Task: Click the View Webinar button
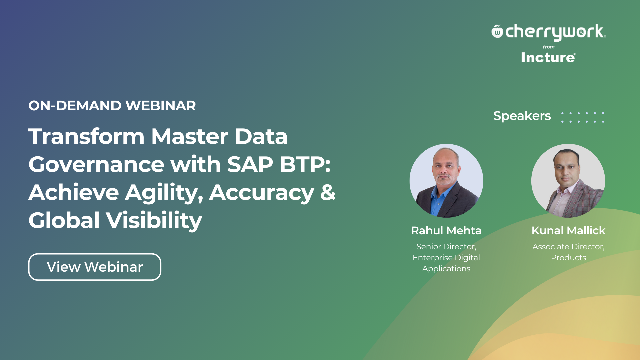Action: point(95,267)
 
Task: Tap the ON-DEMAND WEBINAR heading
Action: point(112,106)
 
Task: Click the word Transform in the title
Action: point(86,136)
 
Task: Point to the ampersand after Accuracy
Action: point(328,192)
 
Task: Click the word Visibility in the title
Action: point(154,221)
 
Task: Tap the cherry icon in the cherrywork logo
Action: point(497,31)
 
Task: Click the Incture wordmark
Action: point(548,58)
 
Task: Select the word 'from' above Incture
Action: point(549,47)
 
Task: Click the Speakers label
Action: point(522,116)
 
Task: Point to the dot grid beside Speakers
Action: point(583,117)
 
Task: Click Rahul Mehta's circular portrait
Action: point(446,181)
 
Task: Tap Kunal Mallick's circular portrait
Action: point(568,181)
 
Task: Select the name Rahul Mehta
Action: point(446,231)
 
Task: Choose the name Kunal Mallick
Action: point(568,231)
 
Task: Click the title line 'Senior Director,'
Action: point(446,247)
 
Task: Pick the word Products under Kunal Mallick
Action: point(568,258)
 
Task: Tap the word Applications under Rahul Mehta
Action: point(446,269)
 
